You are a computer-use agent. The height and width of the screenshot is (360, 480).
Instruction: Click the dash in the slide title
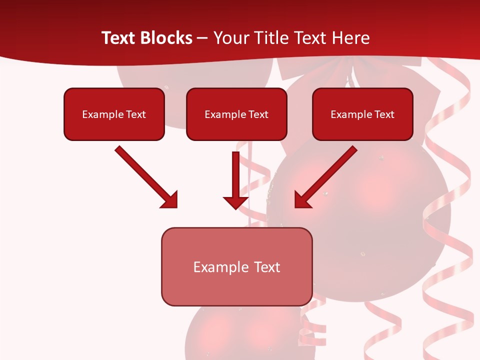(x=202, y=38)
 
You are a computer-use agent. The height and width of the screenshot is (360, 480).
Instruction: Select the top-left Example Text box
(x=114, y=114)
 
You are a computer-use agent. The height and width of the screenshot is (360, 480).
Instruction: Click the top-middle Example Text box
(x=236, y=114)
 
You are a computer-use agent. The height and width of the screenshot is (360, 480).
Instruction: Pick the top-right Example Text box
(x=362, y=114)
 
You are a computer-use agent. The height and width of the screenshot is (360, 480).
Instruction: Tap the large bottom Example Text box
(x=236, y=267)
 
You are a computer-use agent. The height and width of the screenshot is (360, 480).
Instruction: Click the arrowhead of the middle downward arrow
(x=235, y=202)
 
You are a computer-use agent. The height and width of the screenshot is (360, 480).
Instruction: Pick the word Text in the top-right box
(x=384, y=114)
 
